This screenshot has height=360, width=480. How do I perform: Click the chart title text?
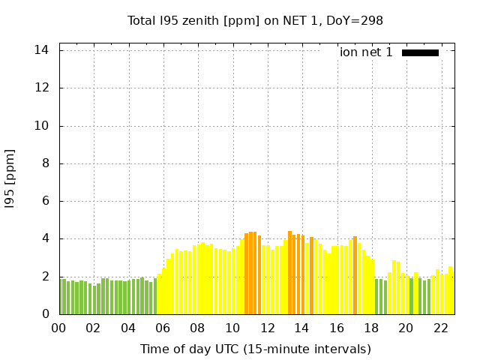click(255, 20)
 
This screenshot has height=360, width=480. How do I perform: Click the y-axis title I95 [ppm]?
click(10, 178)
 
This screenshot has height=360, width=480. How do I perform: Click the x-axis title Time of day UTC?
click(255, 349)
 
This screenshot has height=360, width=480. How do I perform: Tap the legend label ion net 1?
click(366, 52)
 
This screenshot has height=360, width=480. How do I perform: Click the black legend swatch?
click(420, 52)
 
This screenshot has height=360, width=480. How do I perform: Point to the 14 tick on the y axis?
click(43, 50)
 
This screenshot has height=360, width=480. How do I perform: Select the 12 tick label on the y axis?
click(43, 88)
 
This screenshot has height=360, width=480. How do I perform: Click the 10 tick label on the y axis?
click(43, 126)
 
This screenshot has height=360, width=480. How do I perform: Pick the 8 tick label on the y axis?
click(46, 163)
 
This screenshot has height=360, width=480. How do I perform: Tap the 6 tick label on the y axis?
click(46, 201)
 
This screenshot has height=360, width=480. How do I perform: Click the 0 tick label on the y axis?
click(46, 314)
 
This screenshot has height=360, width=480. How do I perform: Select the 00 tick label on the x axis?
click(59, 328)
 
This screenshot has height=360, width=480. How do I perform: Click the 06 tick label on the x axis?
click(163, 328)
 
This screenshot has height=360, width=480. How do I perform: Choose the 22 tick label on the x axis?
click(441, 328)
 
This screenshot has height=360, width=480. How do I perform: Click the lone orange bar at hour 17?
click(355, 276)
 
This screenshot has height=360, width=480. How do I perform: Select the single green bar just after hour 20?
click(411, 296)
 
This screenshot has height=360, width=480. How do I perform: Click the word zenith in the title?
click(214, 20)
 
